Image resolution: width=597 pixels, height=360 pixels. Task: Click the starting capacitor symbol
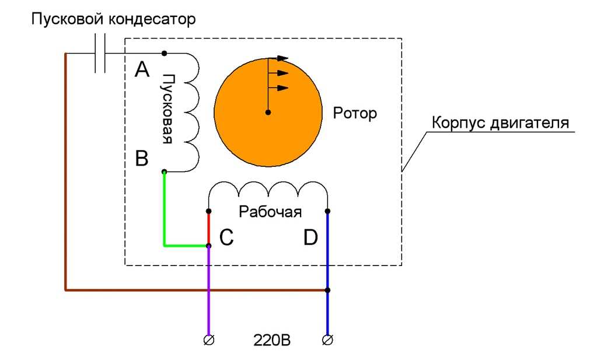[100, 53]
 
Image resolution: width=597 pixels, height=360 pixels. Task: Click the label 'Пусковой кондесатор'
[113, 19]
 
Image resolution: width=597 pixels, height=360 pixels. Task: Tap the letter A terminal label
[142, 69]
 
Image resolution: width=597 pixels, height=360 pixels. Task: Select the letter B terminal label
[142, 158]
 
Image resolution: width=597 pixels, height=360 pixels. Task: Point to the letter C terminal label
[226, 237]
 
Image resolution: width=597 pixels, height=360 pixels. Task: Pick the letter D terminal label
[310, 237]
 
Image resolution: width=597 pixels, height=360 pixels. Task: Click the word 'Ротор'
[355, 113]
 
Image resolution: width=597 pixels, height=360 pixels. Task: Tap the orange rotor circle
[268, 112]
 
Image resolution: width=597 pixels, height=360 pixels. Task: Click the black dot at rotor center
[268, 112]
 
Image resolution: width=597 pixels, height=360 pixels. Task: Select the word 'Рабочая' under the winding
[270, 212]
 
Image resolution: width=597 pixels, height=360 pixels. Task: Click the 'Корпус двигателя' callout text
[500, 123]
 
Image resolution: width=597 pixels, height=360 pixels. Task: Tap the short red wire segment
[209, 228]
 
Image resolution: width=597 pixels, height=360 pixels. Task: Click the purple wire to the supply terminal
[209, 291]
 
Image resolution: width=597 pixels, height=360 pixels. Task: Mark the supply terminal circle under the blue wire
[327, 340]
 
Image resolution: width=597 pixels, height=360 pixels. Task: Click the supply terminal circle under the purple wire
[209, 340]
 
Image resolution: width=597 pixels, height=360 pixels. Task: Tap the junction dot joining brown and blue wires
[327, 291]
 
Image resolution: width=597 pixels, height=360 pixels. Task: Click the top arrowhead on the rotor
[282, 58]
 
